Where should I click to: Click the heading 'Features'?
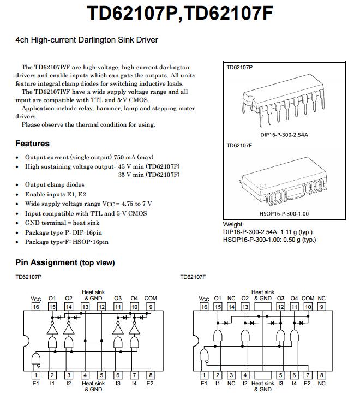point(32,144)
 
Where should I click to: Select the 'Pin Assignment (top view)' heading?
point(65,262)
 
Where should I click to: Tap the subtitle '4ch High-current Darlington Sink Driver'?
point(87,40)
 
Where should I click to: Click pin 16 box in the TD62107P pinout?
point(36,307)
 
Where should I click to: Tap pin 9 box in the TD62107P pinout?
point(151,307)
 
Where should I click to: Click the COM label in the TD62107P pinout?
point(151,299)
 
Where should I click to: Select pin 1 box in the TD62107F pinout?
point(204,375)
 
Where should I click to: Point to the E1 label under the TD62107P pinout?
point(36,383)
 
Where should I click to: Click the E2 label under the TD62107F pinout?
point(308,383)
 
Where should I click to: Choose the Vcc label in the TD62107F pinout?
point(204,299)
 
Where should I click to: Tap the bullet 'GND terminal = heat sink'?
point(62,223)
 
